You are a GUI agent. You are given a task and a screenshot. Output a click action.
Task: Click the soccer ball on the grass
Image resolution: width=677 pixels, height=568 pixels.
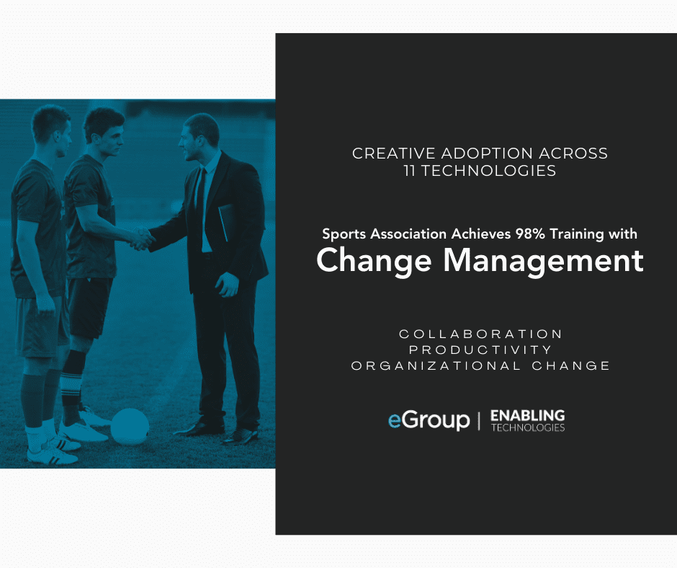click(130, 427)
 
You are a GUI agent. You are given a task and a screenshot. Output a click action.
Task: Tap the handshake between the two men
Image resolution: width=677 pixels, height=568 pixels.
click(142, 239)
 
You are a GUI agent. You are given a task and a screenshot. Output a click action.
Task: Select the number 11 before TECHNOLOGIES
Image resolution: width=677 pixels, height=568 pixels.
click(409, 171)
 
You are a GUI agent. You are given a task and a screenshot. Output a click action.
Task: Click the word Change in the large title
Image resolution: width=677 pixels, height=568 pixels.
click(374, 261)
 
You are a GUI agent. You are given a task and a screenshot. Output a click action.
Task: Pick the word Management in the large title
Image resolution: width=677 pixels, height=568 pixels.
click(544, 261)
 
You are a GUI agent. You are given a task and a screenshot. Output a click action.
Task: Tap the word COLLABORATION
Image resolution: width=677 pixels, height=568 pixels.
click(480, 334)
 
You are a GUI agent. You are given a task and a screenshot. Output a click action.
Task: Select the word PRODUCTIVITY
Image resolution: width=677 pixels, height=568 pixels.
click(480, 350)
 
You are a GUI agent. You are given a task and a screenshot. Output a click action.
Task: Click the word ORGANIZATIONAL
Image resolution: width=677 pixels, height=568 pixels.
click(436, 365)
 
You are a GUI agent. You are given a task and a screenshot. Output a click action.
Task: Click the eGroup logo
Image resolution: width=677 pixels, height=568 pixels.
click(429, 420)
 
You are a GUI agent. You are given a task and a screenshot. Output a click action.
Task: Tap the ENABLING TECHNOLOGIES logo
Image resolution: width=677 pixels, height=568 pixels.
click(528, 421)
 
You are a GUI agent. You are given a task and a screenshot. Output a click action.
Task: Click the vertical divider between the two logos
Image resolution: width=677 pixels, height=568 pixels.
click(479, 421)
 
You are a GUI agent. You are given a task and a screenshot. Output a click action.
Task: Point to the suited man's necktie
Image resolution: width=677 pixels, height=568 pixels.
click(200, 195)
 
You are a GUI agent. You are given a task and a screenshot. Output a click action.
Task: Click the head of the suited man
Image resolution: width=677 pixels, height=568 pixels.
click(199, 136)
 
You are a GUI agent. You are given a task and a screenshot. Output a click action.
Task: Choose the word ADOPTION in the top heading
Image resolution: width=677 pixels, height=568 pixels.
click(487, 154)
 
